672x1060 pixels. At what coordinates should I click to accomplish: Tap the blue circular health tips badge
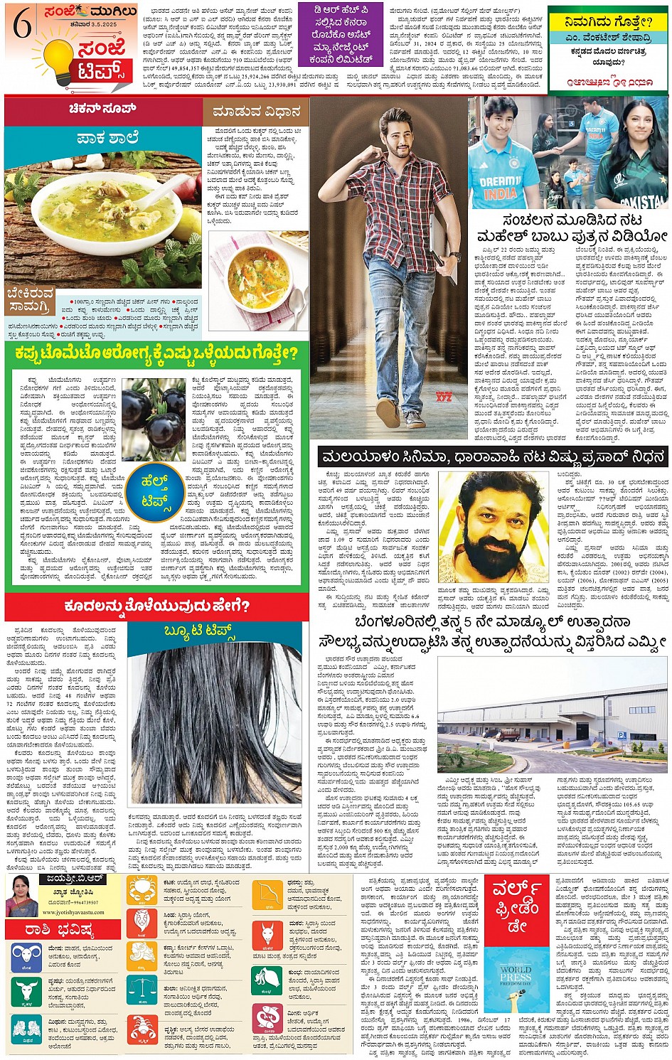pyautogui.click(x=154, y=490)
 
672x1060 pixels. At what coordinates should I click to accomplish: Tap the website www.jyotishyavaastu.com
pyautogui.click(x=69, y=911)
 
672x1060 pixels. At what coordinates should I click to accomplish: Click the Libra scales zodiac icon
pyautogui.click(x=142, y=990)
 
